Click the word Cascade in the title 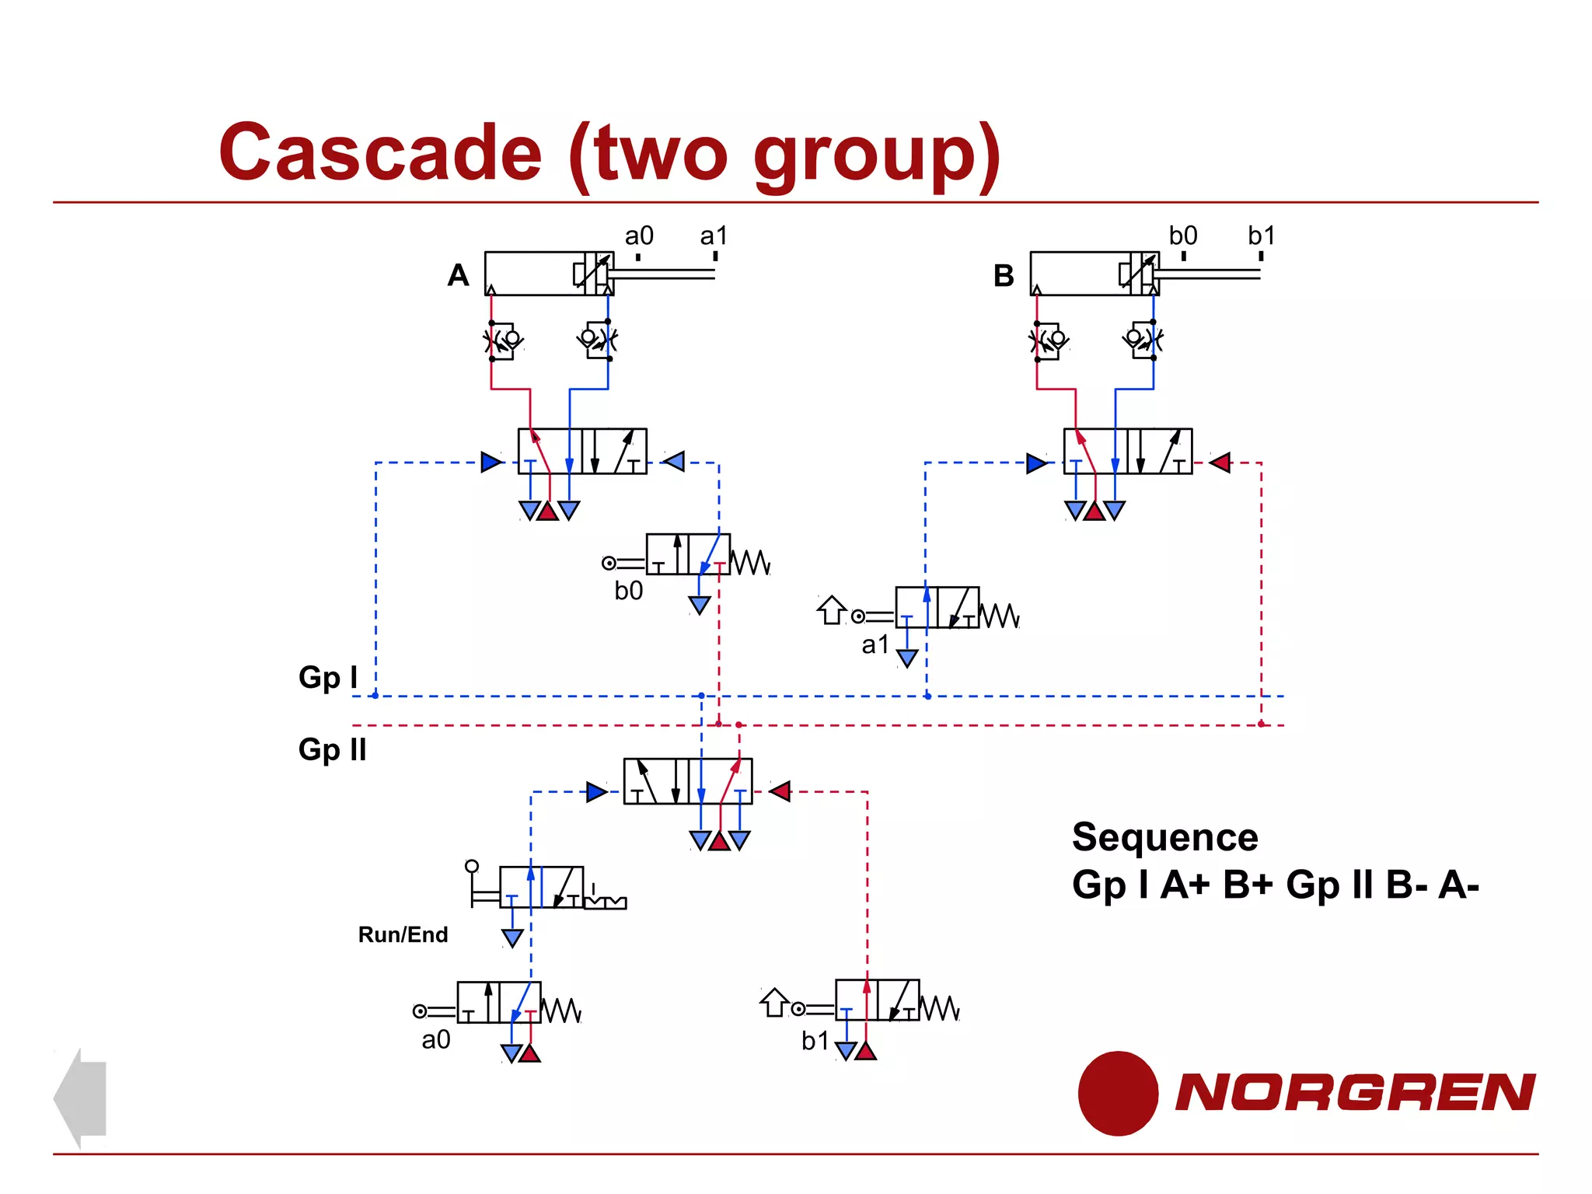click(x=380, y=153)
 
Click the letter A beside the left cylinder click(x=458, y=275)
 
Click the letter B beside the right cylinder click(x=1004, y=276)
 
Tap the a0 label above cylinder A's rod click(x=639, y=236)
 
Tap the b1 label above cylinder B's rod click(x=1261, y=236)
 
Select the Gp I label click(x=328, y=677)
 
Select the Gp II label click(x=332, y=750)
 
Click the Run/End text click(x=403, y=934)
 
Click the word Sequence click(x=1164, y=837)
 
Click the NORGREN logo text click(x=1354, y=1092)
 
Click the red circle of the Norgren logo click(x=1118, y=1093)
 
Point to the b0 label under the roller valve click(x=628, y=591)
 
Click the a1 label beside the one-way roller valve click(x=875, y=644)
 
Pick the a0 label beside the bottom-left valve click(x=435, y=1039)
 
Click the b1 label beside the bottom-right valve click(x=815, y=1041)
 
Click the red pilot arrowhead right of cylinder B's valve click(x=1220, y=463)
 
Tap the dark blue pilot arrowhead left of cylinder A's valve click(x=491, y=463)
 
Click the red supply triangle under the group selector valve click(x=719, y=840)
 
